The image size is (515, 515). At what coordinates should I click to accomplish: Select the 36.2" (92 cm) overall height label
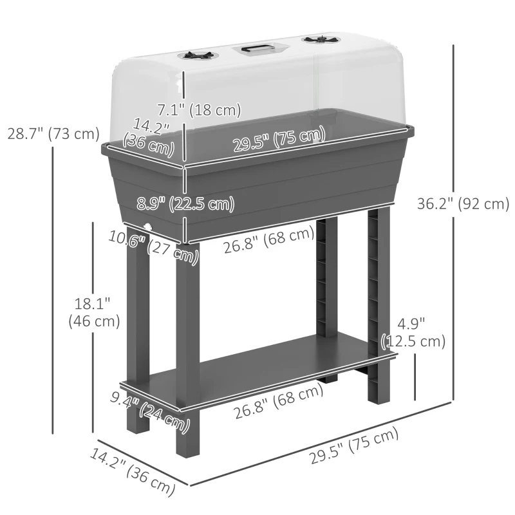tap(463, 204)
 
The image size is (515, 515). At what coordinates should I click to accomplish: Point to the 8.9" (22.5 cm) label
tap(185, 204)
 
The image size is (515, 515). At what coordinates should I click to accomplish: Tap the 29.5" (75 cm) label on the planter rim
tap(279, 140)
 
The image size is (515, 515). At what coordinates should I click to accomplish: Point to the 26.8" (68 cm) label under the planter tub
tap(269, 241)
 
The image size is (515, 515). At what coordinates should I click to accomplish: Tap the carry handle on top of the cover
tap(256, 48)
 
